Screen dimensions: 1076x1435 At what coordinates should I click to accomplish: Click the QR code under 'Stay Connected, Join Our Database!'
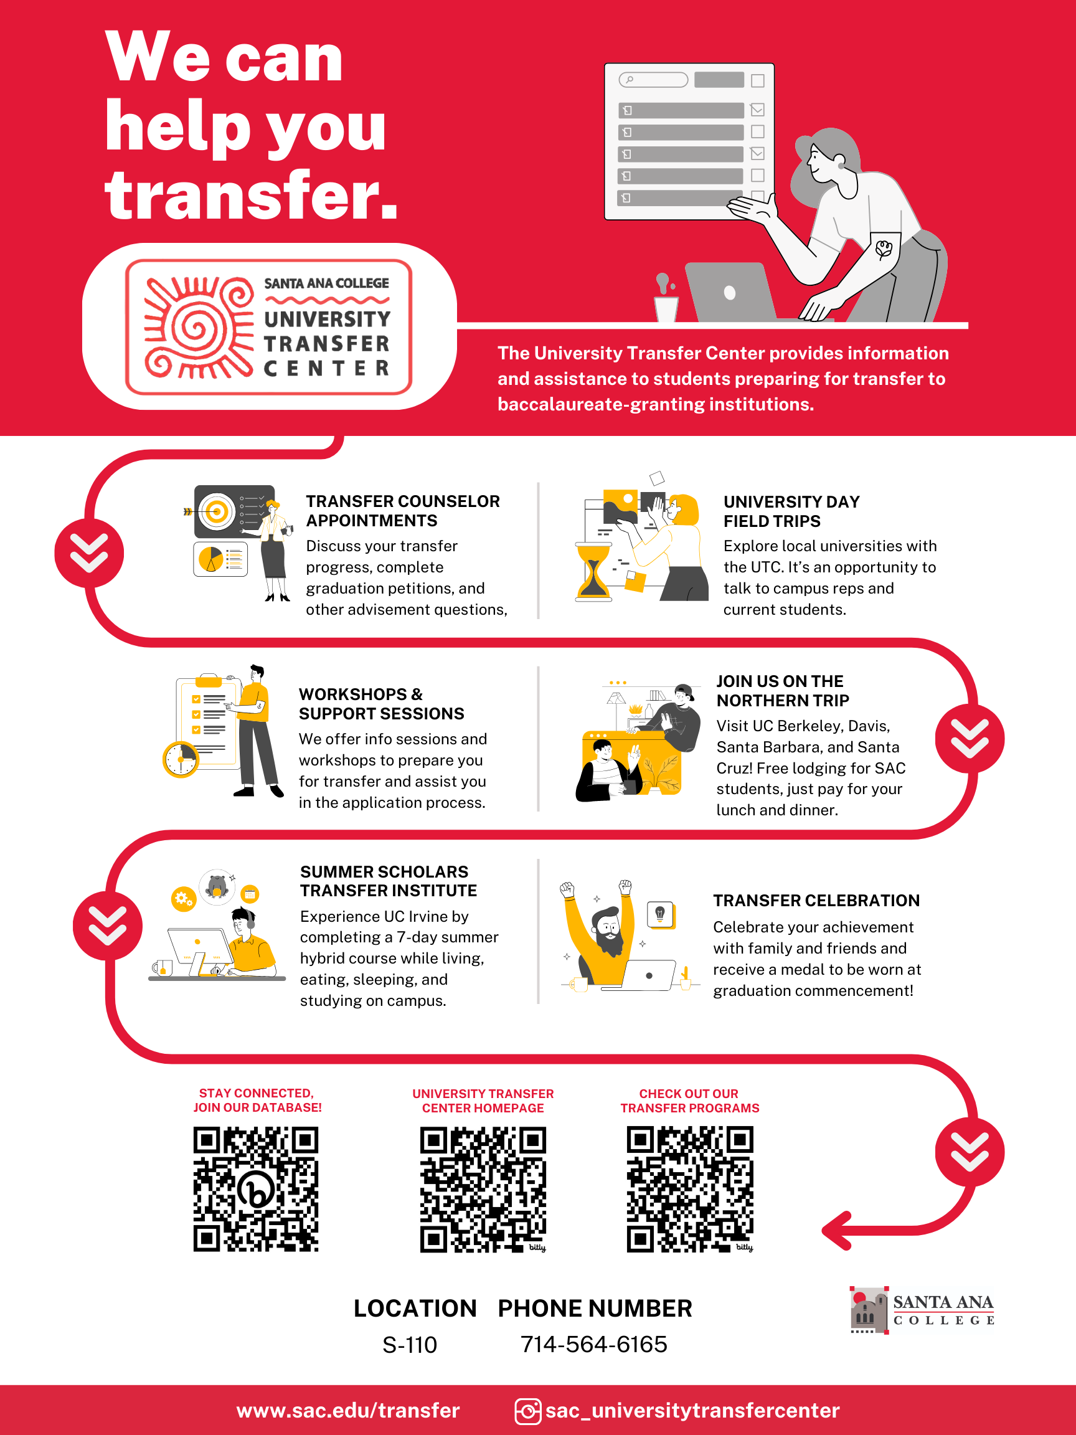click(x=255, y=1189)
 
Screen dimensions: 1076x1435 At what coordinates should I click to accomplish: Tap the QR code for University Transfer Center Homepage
click(x=483, y=1190)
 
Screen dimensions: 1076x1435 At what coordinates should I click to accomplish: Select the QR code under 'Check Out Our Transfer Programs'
click(x=690, y=1190)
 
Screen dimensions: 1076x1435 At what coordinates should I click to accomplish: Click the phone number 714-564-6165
click(x=594, y=1344)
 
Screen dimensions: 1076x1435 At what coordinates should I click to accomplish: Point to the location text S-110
click(x=410, y=1345)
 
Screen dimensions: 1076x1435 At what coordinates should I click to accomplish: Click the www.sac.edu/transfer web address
click(x=348, y=1410)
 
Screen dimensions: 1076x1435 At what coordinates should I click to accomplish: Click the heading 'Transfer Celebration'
click(x=816, y=901)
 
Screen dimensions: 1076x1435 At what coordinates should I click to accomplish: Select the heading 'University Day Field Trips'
click(x=792, y=511)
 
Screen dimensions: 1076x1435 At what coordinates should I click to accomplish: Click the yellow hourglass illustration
click(x=593, y=572)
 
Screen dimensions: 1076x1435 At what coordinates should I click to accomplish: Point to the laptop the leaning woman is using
click(x=731, y=292)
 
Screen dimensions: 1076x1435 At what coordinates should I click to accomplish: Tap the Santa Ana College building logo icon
click(x=869, y=1310)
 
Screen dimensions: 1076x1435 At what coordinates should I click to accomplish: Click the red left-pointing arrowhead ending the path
click(x=836, y=1230)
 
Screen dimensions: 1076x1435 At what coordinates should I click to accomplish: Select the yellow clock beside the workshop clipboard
click(x=181, y=759)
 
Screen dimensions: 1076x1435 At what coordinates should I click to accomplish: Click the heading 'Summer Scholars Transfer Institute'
click(x=389, y=881)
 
